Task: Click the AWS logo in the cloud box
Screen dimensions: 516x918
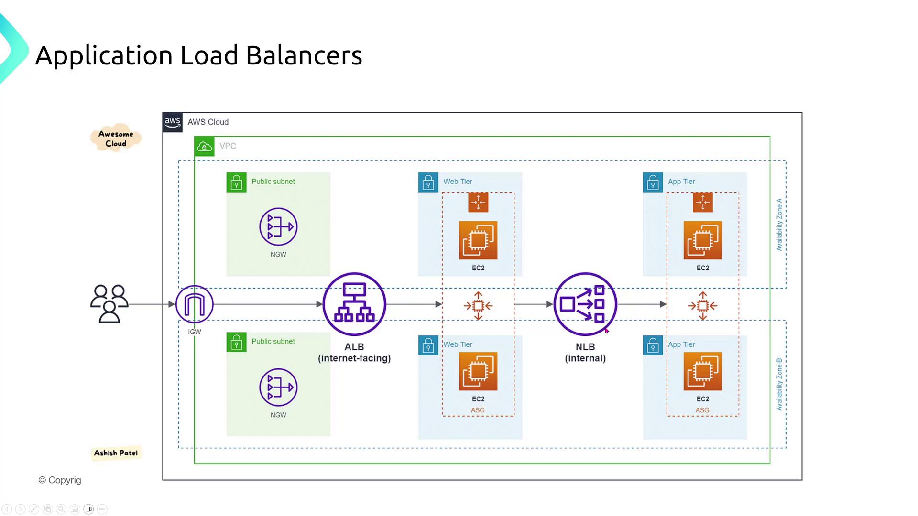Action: click(x=172, y=122)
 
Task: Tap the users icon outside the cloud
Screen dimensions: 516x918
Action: click(x=109, y=304)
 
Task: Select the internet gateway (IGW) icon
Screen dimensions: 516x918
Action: click(x=194, y=304)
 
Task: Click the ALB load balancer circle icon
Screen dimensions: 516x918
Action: click(x=354, y=304)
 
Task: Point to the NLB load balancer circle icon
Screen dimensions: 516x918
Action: click(x=585, y=304)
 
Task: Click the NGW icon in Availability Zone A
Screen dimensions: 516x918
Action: click(x=278, y=226)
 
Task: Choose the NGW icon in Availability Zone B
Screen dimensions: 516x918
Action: click(x=278, y=387)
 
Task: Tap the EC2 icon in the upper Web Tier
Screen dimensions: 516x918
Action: click(x=478, y=240)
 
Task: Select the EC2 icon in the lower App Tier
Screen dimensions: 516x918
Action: click(x=702, y=371)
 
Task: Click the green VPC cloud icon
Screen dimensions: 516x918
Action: click(x=204, y=146)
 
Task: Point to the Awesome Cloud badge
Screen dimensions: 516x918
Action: click(x=116, y=139)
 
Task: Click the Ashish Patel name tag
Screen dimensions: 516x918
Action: click(x=116, y=453)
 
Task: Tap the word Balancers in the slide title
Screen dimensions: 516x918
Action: click(x=304, y=55)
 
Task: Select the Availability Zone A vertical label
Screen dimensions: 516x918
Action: click(x=779, y=225)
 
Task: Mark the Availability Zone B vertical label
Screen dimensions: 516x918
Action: click(x=779, y=384)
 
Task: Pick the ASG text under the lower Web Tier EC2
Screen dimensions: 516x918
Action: click(x=478, y=410)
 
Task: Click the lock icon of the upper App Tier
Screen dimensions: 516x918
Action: click(x=653, y=183)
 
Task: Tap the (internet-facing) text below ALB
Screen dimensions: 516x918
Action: click(x=354, y=358)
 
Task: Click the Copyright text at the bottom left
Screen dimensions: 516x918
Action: click(x=60, y=480)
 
